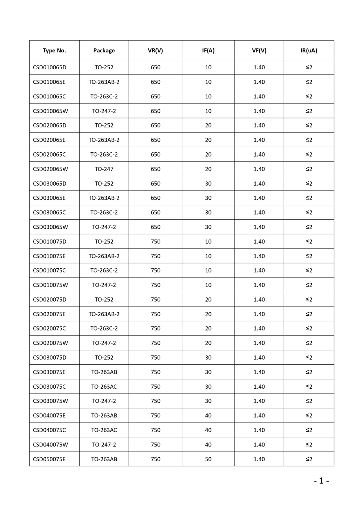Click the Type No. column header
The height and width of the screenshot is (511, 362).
pyautogui.click(x=54, y=50)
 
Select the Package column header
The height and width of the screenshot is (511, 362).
pyautogui.click(x=104, y=50)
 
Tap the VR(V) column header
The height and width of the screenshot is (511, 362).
pyautogui.click(x=155, y=50)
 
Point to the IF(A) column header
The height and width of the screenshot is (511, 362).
pyautogui.click(x=208, y=50)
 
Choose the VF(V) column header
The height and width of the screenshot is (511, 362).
pyautogui.click(x=259, y=50)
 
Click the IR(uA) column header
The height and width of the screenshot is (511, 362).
pyautogui.click(x=309, y=50)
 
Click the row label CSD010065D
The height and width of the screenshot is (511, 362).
pyautogui.click(x=50, y=67)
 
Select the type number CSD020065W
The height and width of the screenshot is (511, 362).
pyautogui.click(x=50, y=169)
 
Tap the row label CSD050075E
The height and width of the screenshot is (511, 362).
pyautogui.click(x=49, y=459)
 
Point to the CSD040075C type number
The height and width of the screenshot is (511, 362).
pyautogui.click(x=49, y=430)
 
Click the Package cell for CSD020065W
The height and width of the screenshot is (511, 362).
pyautogui.click(x=104, y=169)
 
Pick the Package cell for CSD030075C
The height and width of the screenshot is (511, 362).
pyautogui.click(x=104, y=387)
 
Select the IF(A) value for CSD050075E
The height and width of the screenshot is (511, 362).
pyautogui.click(x=208, y=459)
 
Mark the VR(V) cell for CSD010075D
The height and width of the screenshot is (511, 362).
pyautogui.click(x=155, y=242)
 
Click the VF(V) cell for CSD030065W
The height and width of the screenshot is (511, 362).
pyautogui.click(x=259, y=227)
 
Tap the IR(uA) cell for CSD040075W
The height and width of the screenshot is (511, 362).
pyautogui.click(x=309, y=445)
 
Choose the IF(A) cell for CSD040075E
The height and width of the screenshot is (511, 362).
pyautogui.click(x=208, y=416)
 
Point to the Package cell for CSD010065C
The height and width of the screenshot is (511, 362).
pyautogui.click(x=104, y=96)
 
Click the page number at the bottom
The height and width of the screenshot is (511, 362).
pyautogui.click(x=321, y=481)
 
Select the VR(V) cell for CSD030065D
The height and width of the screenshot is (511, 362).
pyautogui.click(x=155, y=184)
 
